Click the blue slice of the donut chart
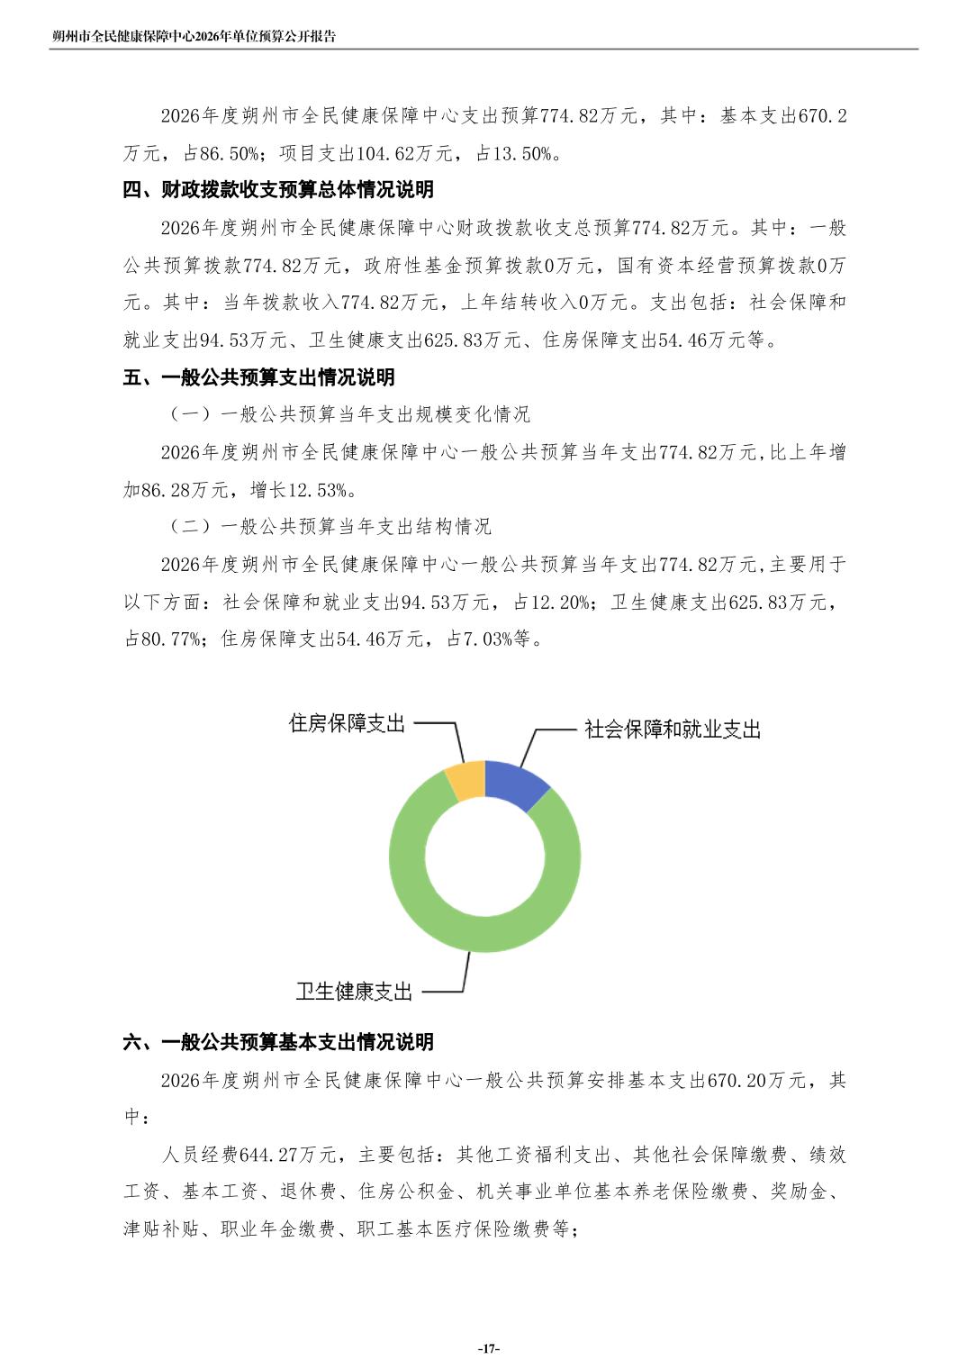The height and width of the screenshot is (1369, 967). pyautogui.click(x=512, y=783)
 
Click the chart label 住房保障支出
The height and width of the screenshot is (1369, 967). pyautogui.click(x=347, y=723)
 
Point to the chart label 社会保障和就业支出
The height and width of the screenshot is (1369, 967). pyautogui.click(x=673, y=730)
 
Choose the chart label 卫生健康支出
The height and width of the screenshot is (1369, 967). pyautogui.click(x=354, y=992)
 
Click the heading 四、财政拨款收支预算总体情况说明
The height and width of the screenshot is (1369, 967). pyautogui.click(x=278, y=190)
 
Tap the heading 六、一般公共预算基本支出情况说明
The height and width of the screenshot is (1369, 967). pyautogui.click(x=278, y=1042)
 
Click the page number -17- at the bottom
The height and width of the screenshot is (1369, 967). pyautogui.click(x=487, y=1348)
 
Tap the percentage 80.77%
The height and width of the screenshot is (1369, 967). pyautogui.click(x=169, y=639)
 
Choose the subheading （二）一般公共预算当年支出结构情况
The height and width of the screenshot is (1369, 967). pyautogui.click(x=326, y=527)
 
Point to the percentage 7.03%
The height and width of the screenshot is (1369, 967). pyautogui.click(x=492, y=639)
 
